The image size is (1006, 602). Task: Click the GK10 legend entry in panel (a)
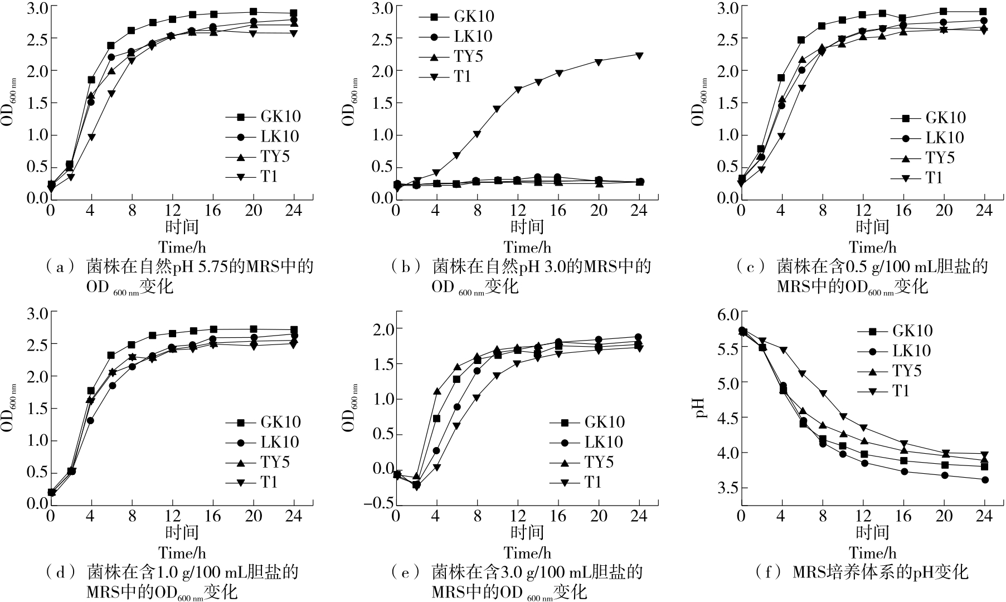(280, 116)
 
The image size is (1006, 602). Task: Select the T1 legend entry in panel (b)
(462, 76)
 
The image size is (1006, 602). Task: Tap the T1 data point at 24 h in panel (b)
(639, 55)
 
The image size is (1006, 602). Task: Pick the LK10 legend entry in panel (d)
(280, 442)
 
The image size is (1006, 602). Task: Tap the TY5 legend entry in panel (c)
(940, 158)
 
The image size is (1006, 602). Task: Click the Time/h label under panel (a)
(182, 247)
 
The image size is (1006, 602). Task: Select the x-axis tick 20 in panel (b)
(599, 210)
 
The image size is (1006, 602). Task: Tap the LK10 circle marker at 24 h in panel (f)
(985, 479)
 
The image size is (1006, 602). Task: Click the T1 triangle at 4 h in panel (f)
(783, 350)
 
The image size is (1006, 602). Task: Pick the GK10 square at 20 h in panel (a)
(253, 12)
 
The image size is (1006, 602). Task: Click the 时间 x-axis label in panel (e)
(527, 532)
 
